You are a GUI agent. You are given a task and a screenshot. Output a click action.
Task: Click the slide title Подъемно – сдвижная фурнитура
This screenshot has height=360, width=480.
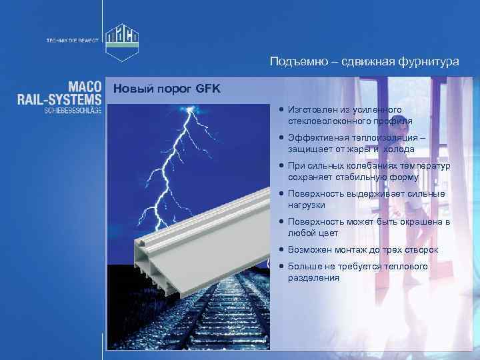click(x=364, y=62)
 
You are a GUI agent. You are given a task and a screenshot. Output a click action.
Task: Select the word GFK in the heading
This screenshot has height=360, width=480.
click(x=208, y=89)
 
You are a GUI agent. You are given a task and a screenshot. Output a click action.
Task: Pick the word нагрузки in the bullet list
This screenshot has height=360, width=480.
click(x=307, y=205)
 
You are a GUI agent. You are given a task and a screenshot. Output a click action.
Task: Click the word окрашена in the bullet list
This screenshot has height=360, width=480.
click(x=417, y=222)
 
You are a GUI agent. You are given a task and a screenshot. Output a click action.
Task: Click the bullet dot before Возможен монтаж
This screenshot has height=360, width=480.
click(x=283, y=250)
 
